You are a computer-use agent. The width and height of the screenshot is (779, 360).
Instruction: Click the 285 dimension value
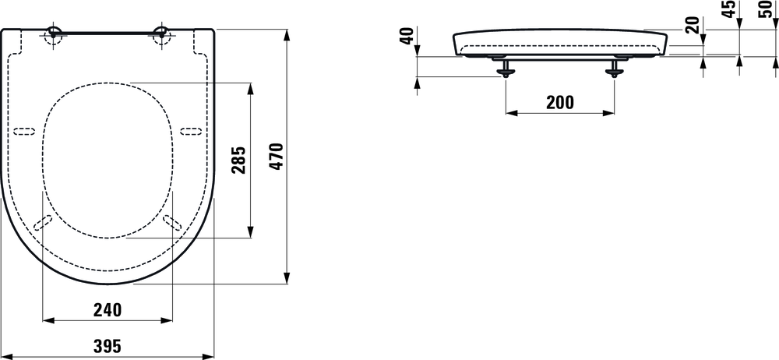click(x=239, y=160)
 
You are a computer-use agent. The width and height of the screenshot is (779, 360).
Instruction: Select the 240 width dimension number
click(x=107, y=310)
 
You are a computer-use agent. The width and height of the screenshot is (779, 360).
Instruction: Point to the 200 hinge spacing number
click(x=559, y=102)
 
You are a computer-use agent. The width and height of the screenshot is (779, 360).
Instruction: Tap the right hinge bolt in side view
click(x=615, y=69)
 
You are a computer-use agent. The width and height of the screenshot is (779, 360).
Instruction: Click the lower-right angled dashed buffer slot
click(x=173, y=222)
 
